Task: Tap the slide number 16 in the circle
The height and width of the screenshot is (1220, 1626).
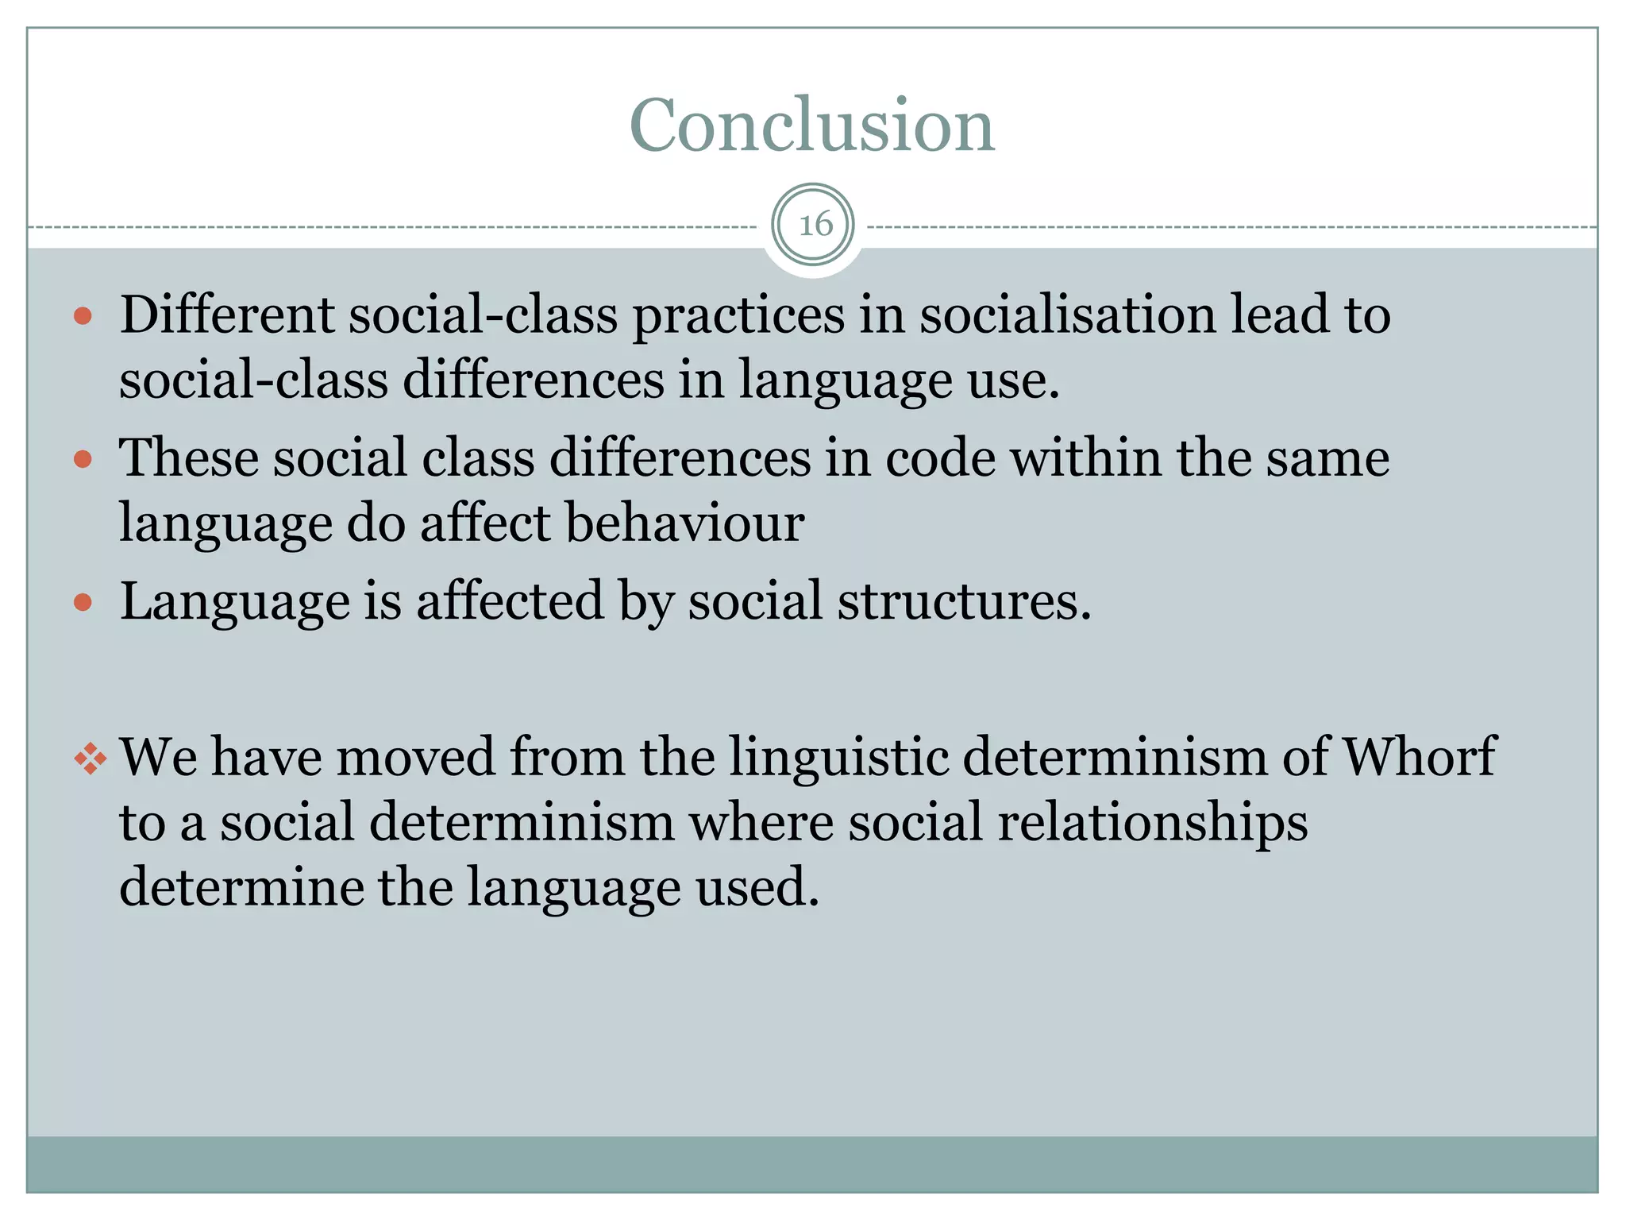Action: click(x=815, y=225)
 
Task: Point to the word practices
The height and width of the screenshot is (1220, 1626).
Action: click(x=738, y=316)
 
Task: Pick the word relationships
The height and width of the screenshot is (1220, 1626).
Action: click(x=1152, y=823)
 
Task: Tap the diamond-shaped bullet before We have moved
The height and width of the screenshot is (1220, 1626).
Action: click(x=90, y=759)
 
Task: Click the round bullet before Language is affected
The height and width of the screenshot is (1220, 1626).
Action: click(x=83, y=603)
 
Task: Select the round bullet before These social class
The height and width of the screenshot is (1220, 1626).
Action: click(x=83, y=460)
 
